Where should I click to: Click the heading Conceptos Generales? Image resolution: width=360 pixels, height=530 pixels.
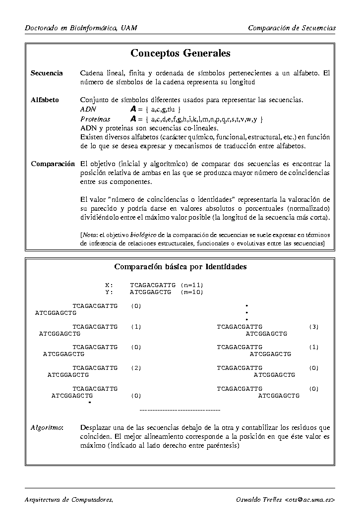click(180, 53)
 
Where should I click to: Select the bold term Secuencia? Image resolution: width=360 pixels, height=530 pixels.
click(47, 73)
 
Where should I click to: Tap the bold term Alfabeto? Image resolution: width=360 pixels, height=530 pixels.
click(45, 100)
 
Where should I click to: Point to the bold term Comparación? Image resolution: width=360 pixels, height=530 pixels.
click(53, 164)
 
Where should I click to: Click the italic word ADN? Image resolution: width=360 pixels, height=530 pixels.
click(88, 109)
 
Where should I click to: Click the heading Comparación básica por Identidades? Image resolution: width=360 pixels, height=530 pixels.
click(180, 267)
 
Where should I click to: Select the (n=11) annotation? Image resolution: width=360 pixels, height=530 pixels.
click(192, 285)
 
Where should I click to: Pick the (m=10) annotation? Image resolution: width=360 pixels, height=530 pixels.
click(192, 292)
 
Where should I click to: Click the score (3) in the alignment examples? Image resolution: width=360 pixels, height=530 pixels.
click(313, 327)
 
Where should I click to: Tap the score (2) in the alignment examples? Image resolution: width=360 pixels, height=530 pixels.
click(136, 368)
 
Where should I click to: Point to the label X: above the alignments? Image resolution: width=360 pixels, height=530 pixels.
click(109, 285)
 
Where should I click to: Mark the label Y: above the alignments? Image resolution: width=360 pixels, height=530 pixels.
click(109, 292)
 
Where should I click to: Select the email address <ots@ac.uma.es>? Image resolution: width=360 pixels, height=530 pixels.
click(310, 499)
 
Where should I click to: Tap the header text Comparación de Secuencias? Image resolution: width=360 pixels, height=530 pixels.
click(292, 28)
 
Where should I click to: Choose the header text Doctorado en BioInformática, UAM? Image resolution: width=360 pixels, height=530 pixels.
click(81, 28)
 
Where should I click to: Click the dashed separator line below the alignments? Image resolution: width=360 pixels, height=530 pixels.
click(180, 410)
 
